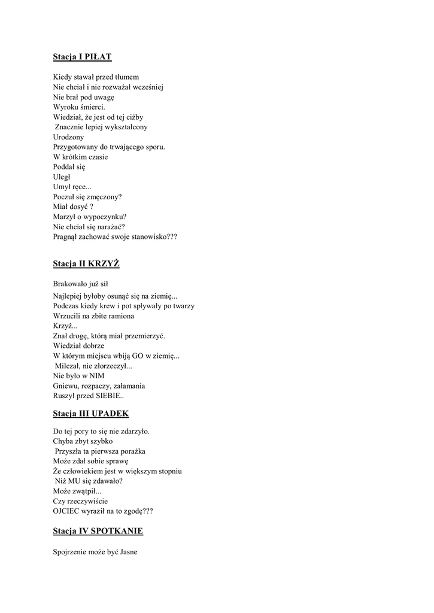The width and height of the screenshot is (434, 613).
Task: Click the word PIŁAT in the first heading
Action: pyautogui.click(x=99, y=57)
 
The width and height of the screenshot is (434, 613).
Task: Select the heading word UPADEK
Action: pyautogui.click(x=110, y=414)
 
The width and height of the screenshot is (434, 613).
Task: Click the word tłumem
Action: pyautogui.click(x=127, y=77)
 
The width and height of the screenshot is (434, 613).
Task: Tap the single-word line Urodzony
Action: pyautogui.click(x=68, y=137)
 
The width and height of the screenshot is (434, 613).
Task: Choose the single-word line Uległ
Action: pyautogui.click(x=62, y=177)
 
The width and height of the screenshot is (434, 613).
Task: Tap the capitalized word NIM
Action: pyautogui.click(x=97, y=376)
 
